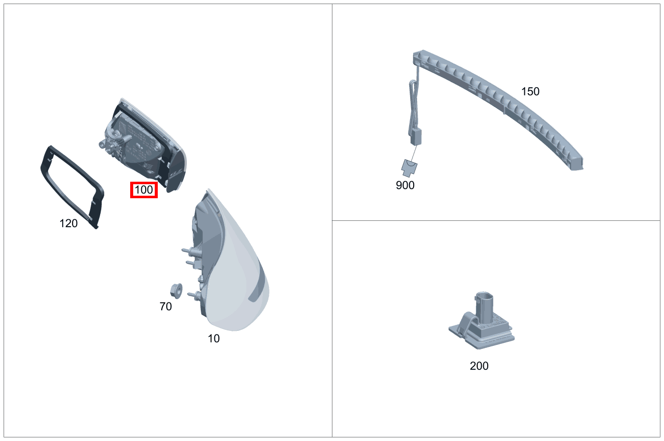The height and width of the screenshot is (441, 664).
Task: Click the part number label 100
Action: [144, 190]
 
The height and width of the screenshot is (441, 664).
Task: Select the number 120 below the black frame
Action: [69, 223]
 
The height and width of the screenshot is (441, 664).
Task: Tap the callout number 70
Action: [166, 306]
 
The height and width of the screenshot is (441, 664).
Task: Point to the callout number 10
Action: [214, 338]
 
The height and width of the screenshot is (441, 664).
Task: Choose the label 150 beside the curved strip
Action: [530, 92]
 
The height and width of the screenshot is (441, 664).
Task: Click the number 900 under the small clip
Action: [405, 185]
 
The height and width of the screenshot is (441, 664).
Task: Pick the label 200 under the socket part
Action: [479, 366]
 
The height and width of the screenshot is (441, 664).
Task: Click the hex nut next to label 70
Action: [176, 291]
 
